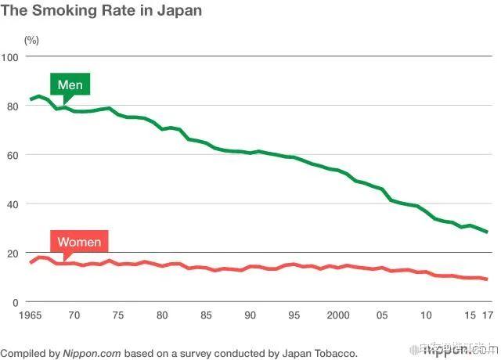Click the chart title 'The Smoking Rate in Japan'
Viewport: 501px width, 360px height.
101,11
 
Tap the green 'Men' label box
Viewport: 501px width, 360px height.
70,84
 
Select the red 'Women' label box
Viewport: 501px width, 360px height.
78,242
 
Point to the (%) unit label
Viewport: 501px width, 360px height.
31,39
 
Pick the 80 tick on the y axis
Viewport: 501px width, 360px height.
13,106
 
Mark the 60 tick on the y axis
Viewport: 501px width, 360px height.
13,155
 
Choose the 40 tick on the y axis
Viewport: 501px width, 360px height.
13,204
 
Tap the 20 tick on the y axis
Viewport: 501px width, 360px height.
13,254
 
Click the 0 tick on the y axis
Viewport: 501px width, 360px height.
16,302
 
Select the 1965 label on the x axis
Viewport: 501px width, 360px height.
31,315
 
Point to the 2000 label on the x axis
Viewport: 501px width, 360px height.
338,315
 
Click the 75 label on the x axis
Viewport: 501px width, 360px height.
118,315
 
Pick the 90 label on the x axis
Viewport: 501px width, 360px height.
250,315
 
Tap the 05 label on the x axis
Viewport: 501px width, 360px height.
382,315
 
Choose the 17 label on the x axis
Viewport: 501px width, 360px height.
487,315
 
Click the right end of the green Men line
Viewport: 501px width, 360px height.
487,232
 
